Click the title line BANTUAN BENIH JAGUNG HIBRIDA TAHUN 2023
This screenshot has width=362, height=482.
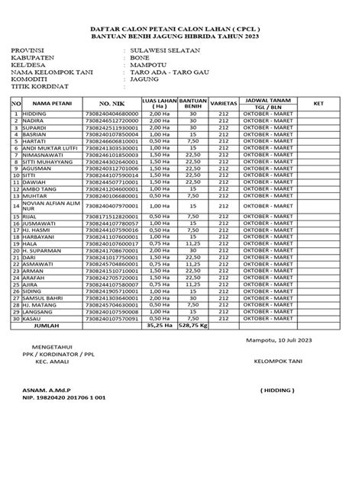180,36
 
